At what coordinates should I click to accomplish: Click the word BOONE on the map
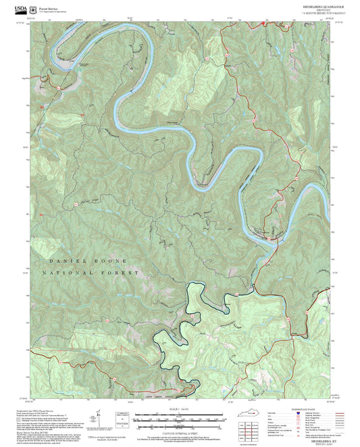(x=107, y=260)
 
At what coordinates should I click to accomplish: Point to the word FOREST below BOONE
(x=122, y=273)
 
